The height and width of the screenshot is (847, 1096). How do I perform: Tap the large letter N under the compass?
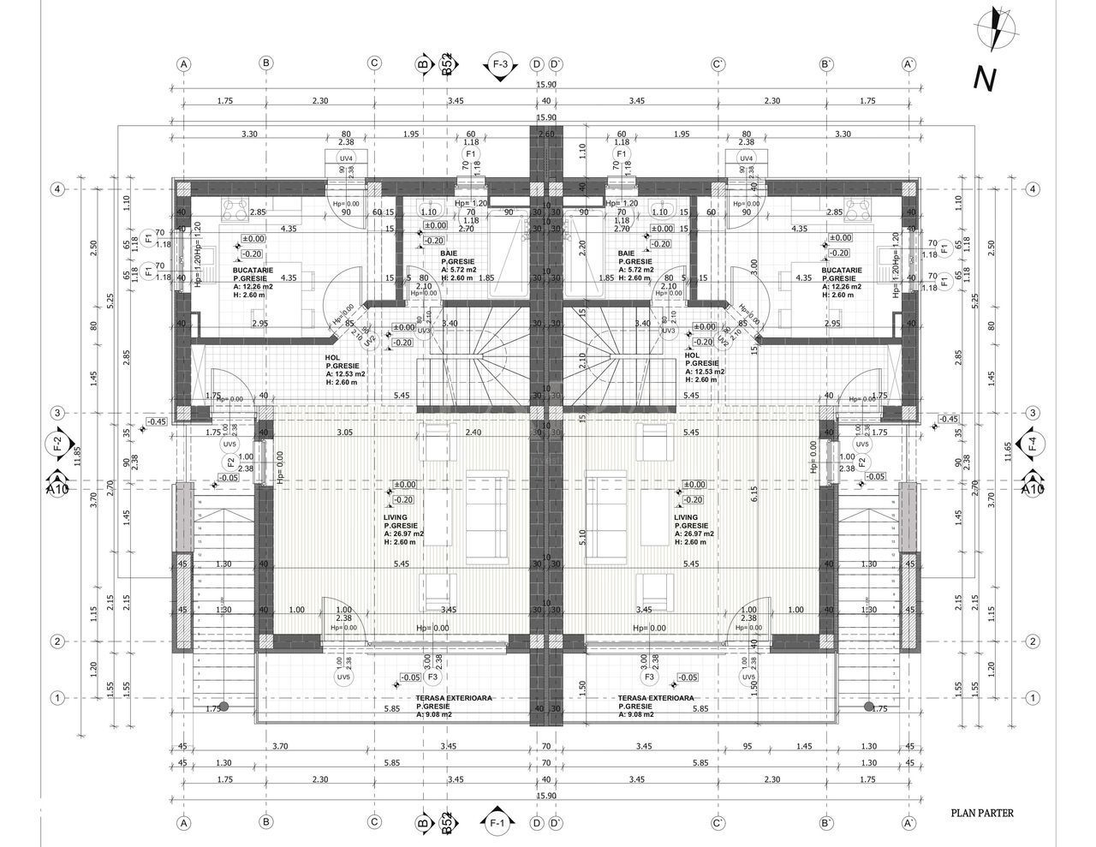985,79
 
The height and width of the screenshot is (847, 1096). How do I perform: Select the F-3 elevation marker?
500,64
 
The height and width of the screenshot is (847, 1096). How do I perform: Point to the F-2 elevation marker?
57,443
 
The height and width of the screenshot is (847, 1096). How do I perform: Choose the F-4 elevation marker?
1032,443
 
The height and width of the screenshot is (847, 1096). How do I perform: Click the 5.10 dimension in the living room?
583,537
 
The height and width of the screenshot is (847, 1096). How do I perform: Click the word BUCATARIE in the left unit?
252,270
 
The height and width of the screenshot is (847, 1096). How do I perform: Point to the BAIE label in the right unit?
627,254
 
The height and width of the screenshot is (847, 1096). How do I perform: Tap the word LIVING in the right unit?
685,518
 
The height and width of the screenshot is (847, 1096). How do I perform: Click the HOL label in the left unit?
332,356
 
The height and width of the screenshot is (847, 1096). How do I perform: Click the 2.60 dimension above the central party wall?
545,134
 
